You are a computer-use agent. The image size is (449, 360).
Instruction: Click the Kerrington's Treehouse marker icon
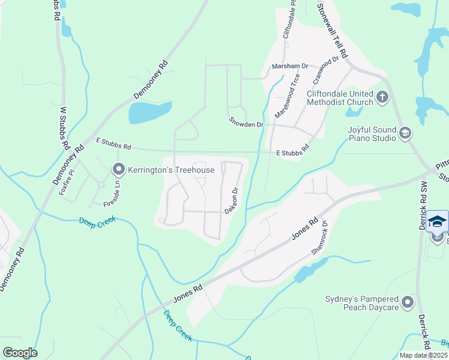(118, 170)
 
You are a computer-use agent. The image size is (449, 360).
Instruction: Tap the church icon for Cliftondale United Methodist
(382, 97)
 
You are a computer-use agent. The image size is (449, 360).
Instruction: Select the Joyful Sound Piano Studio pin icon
(405, 133)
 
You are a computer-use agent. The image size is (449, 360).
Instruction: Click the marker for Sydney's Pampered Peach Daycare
(408, 302)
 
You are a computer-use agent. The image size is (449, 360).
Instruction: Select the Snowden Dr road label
(246, 122)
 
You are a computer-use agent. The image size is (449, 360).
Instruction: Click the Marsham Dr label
(289, 66)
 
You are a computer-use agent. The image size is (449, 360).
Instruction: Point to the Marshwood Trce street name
(287, 96)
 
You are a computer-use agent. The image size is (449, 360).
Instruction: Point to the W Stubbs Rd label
(64, 128)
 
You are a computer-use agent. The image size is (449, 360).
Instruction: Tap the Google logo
(19, 353)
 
